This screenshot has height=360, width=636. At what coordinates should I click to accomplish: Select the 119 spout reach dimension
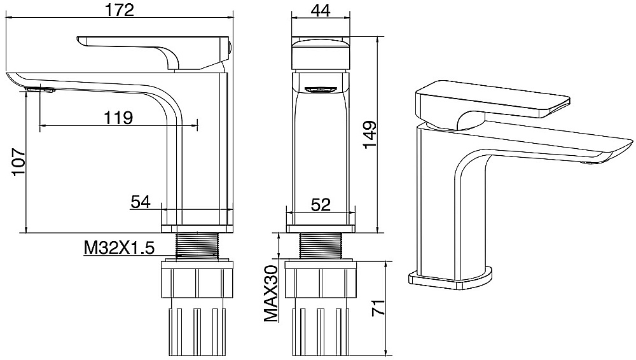pos(118,118)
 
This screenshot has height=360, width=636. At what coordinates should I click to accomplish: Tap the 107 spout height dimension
pos(19,162)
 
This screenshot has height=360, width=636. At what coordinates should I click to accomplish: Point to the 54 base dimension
pos(141,202)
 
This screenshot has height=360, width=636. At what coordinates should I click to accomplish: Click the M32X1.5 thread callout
pos(120,247)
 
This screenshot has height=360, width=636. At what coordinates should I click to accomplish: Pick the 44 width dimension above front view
pos(321,10)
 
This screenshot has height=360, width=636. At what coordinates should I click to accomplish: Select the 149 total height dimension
pos(370,135)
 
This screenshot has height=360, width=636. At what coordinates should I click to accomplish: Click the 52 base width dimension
pos(321,205)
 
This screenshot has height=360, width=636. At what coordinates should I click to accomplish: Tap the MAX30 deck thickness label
pos(271,293)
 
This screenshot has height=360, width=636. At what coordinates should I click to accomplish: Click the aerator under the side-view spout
pos(39,90)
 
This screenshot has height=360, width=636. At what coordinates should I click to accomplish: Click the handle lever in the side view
pos(153,52)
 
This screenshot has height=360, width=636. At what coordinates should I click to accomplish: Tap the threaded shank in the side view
pos(197,246)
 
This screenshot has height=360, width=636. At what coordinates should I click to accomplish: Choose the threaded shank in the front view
pos(321,246)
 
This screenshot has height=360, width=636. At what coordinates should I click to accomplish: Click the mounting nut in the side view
pos(198,280)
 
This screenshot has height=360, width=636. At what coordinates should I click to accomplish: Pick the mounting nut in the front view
pos(321,280)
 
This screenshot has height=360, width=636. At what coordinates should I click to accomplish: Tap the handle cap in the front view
pos(321,55)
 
